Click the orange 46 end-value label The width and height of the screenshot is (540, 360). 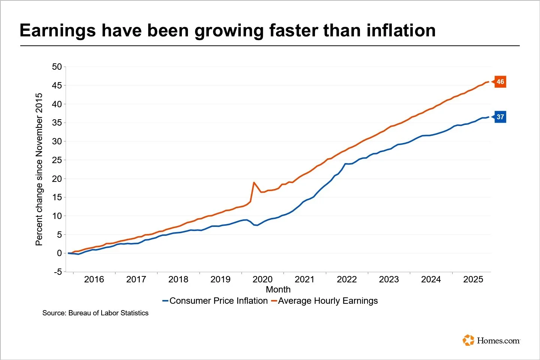tap(500, 82)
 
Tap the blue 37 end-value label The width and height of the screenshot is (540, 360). tap(500, 117)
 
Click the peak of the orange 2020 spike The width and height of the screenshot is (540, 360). tap(254, 183)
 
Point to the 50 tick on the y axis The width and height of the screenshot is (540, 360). tap(57, 67)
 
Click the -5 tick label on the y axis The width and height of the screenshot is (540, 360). tap(57, 272)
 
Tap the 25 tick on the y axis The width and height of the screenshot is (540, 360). tap(57, 160)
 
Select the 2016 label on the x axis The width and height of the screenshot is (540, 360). tap(94, 279)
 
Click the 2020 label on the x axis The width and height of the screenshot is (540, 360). tap(262, 279)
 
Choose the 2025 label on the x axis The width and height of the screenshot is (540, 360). tap(473, 279)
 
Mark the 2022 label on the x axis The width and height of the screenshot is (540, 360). tap(347, 279)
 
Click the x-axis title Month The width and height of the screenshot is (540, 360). tap(278, 289)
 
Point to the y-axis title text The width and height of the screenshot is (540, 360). tap(39, 169)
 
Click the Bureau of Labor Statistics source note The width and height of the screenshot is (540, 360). tap(95, 313)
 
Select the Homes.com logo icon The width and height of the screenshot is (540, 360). tap(469, 340)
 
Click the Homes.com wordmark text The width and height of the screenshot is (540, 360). tap(498, 340)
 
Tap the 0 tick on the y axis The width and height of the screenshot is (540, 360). tap(59, 253)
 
